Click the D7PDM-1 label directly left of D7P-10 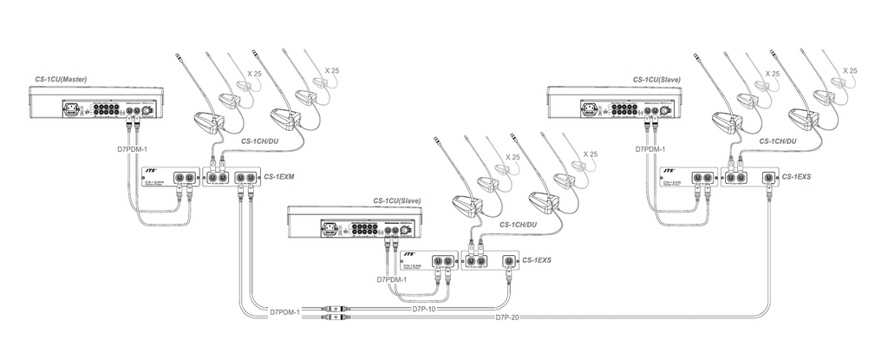(284, 311)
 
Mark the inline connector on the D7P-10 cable (336, 308)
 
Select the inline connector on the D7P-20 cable (336, 317)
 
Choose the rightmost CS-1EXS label (796, 177)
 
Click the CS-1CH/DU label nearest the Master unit (260, 141)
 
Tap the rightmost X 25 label (849, 70)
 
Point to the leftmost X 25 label (254, 74)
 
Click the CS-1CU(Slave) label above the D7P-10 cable (397, 200)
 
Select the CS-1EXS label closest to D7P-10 (538, 259)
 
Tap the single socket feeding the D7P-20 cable (767, 179)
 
